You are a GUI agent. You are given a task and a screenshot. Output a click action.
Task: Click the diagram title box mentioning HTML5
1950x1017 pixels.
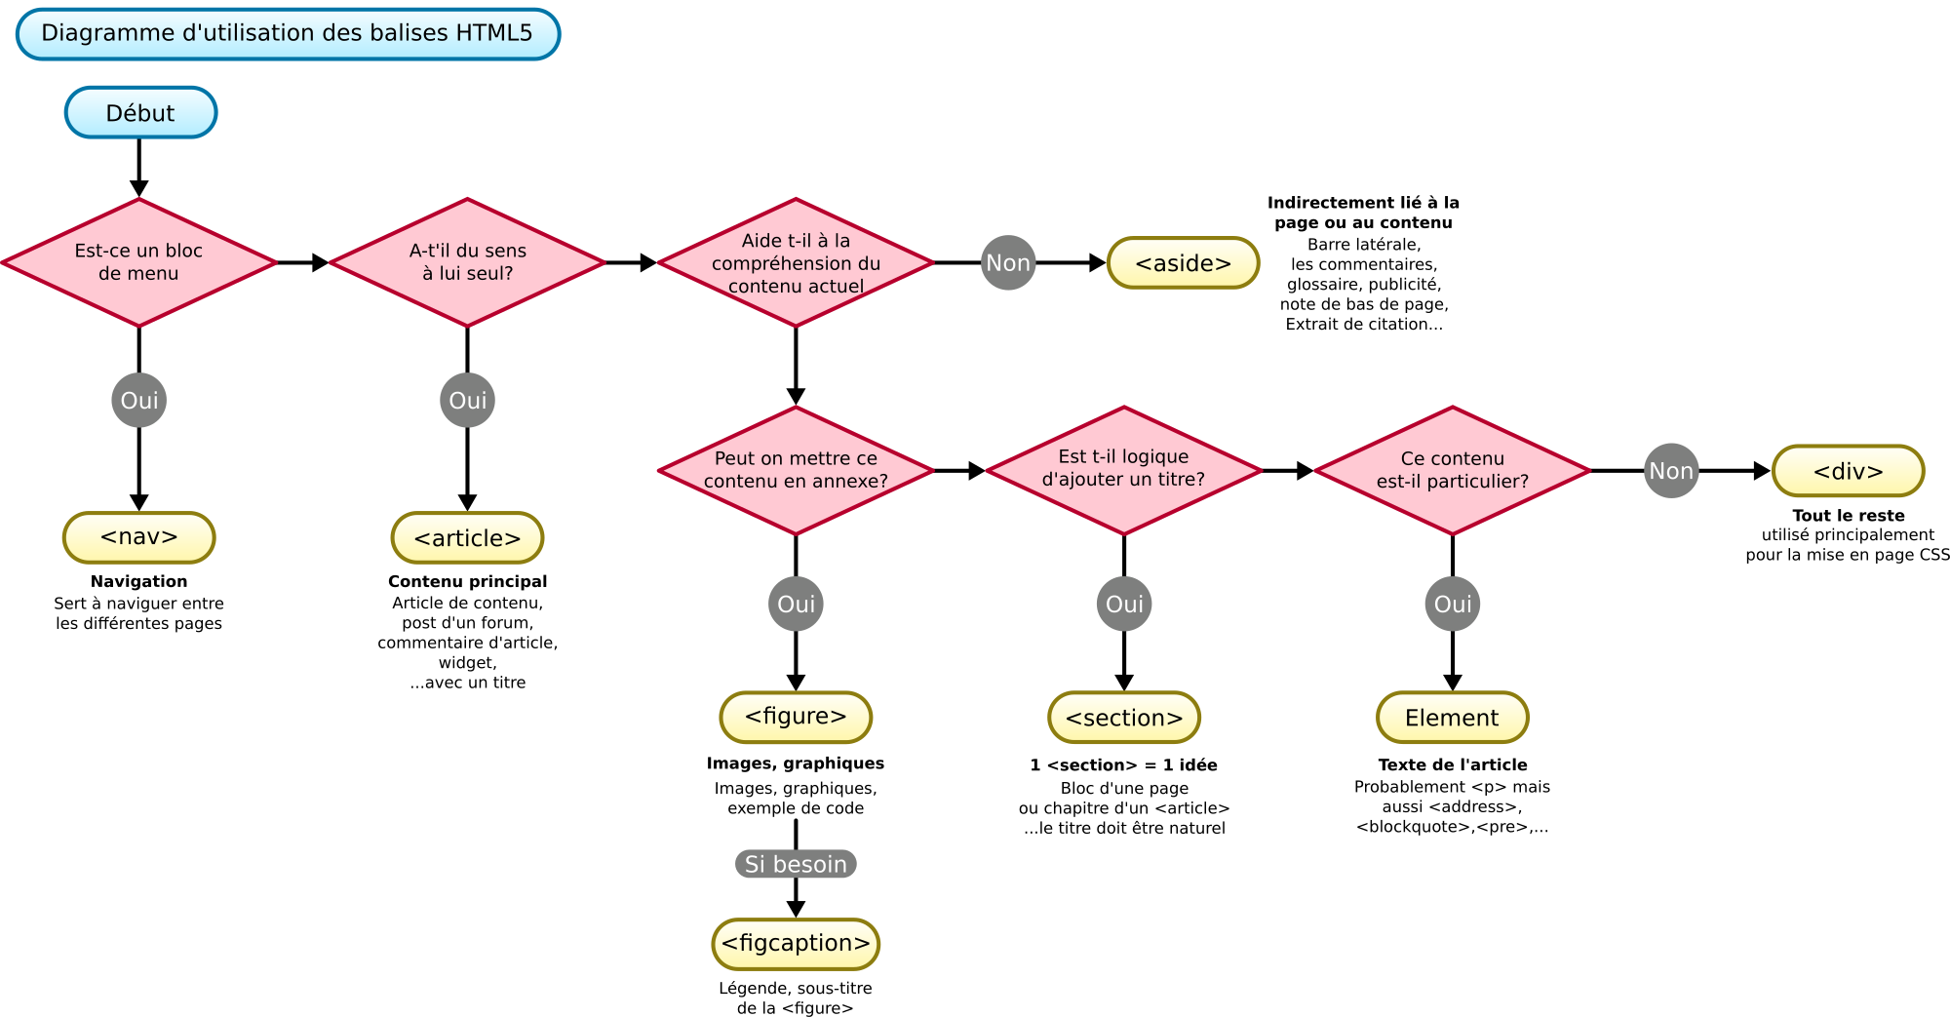tap(288, 34)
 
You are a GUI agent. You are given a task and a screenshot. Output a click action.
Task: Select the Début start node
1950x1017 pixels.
tap(140, 113)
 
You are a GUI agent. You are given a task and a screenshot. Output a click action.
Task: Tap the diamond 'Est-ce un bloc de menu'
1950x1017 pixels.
tap(139, 262)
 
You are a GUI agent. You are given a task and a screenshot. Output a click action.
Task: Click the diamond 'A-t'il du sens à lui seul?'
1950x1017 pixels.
tap(468, 262)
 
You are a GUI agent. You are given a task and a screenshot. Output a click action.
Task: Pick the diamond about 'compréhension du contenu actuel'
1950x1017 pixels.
tap(796, 262)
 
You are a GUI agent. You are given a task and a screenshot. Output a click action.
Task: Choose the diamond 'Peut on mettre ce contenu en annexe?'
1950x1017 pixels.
tap(796, 470)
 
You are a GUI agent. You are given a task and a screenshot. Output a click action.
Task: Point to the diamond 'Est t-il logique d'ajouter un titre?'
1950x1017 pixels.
tap(1124, 470)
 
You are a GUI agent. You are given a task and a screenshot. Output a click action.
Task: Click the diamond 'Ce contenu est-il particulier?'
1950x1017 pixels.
tap(1453, 470)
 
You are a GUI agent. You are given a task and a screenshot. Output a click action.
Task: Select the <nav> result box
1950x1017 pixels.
tap(139, 537)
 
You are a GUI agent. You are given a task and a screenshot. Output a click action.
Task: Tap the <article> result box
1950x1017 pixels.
tap(468, 537)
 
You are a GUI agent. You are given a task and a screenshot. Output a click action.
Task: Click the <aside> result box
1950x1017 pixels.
tap(1183, 263)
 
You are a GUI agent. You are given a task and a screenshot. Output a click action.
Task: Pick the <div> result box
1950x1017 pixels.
tap(1848, 471)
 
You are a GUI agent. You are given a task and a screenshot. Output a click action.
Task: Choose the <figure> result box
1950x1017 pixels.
tap(796, 717)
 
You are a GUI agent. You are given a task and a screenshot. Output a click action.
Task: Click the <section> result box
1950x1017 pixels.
tap(1124, 718)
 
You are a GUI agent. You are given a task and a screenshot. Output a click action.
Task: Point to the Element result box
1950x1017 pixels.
tap(1453, 718)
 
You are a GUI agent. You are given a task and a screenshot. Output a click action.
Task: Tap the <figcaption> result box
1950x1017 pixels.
tap(796, 944)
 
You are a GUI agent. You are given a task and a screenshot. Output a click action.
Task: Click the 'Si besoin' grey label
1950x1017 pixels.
tap(796, 864)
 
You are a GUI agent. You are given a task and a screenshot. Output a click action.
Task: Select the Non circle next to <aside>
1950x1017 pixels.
tap(1008, 262)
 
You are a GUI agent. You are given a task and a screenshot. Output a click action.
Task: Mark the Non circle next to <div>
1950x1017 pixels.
tap(1671, 471)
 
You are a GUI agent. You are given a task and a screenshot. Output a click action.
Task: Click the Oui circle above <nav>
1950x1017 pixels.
tap(139, 400)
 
